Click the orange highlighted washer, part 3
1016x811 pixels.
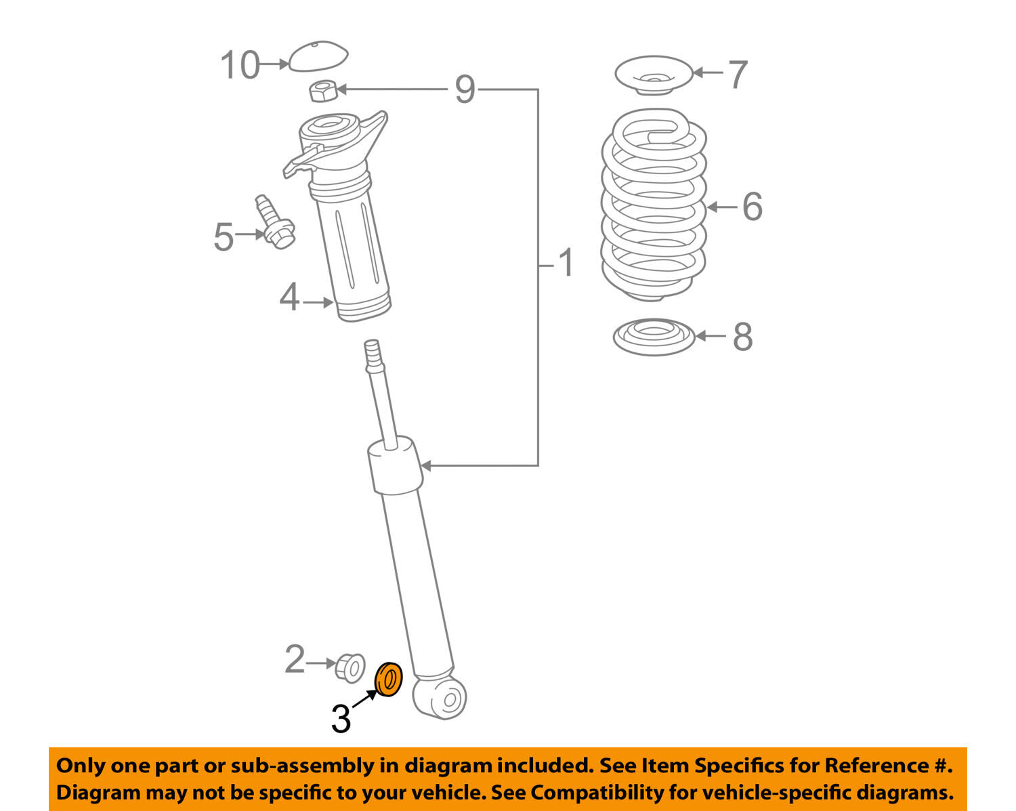[388, 679]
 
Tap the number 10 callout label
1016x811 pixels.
[240, 64]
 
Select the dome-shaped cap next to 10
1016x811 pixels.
[318, 56]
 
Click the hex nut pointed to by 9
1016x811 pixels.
[323, 91]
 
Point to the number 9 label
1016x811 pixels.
[465, 89]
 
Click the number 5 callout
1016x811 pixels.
[224, 236]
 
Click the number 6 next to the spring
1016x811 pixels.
[752, 207]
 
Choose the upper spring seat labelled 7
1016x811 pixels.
[654, 75]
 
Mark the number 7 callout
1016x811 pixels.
[738, 74]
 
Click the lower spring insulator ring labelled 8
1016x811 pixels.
[654, 337]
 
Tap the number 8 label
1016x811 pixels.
[742, 336]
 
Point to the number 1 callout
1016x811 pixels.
[566, 262]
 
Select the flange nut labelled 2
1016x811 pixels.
[350, 667]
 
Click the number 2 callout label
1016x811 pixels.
[295, 659]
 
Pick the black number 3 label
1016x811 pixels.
[341, 718]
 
